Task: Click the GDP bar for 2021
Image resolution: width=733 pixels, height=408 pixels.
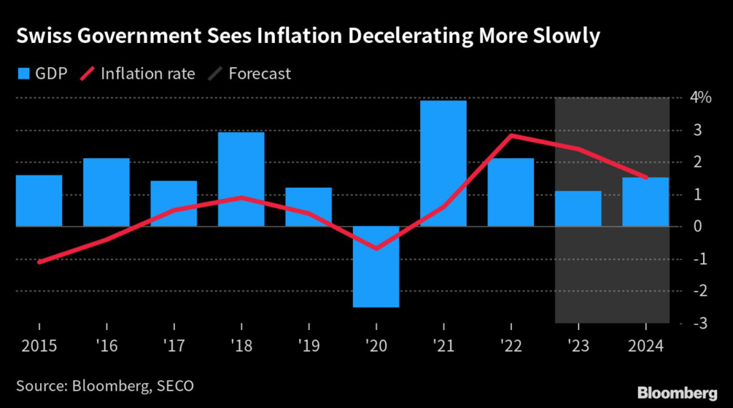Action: [443, 163]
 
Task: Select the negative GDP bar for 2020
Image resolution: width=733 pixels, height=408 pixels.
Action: [376, 266]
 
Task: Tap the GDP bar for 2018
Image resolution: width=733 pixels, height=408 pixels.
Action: [241, 179]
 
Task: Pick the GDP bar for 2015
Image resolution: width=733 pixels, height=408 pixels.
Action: [39, 200]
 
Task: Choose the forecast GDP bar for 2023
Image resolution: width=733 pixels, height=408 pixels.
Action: [578, 208]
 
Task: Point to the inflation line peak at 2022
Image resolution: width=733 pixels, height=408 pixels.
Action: [510, 135]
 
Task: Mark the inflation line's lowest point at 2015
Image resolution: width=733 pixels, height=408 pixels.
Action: [39, 262]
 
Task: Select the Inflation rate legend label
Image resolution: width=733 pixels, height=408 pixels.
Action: [147, 73]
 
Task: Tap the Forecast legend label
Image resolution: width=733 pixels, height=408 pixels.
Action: [260, 73]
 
